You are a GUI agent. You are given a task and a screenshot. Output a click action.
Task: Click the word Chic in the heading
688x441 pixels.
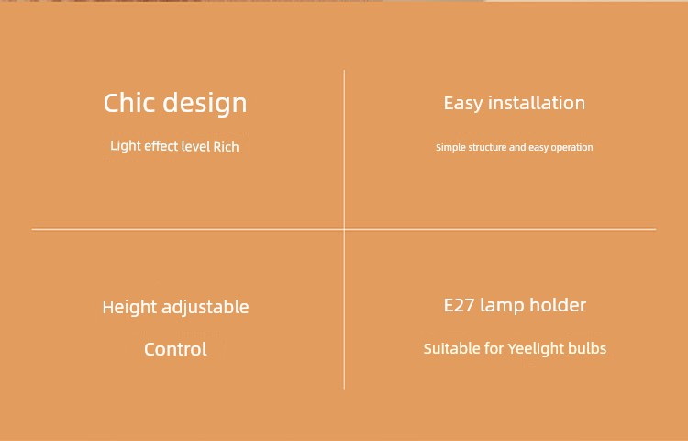tap(129, 103)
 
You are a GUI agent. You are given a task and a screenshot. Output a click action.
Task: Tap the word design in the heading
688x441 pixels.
tap(205, 104)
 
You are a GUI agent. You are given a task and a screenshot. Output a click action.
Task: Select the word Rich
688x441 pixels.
tap(226, 146)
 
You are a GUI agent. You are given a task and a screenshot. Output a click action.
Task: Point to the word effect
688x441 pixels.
tap(161, 146)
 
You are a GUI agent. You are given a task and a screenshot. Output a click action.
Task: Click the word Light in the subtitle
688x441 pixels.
tap(126, 146)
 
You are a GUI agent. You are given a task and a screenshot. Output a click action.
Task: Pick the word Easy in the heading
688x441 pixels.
tap(463, 104)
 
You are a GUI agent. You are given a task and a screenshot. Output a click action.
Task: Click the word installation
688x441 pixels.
tap(537, 103)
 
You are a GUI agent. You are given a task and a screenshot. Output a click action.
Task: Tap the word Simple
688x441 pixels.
tap(450, 148)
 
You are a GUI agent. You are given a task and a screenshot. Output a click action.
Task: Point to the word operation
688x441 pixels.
tap(572, 148)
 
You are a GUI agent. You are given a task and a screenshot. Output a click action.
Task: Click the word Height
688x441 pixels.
tap(129, 308)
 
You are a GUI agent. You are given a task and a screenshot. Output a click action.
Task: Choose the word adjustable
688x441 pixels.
tap(205, 307)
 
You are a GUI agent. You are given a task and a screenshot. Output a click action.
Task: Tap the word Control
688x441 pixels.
tap(175, 350)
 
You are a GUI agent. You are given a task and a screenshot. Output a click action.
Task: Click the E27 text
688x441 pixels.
tap(459, 305)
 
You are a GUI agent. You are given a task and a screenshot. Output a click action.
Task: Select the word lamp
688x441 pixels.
tap(502, 306)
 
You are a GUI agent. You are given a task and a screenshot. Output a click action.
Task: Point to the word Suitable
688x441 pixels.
tap(451, 349)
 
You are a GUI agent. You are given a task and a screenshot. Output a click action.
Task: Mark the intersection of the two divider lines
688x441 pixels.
tap(344, 229)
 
